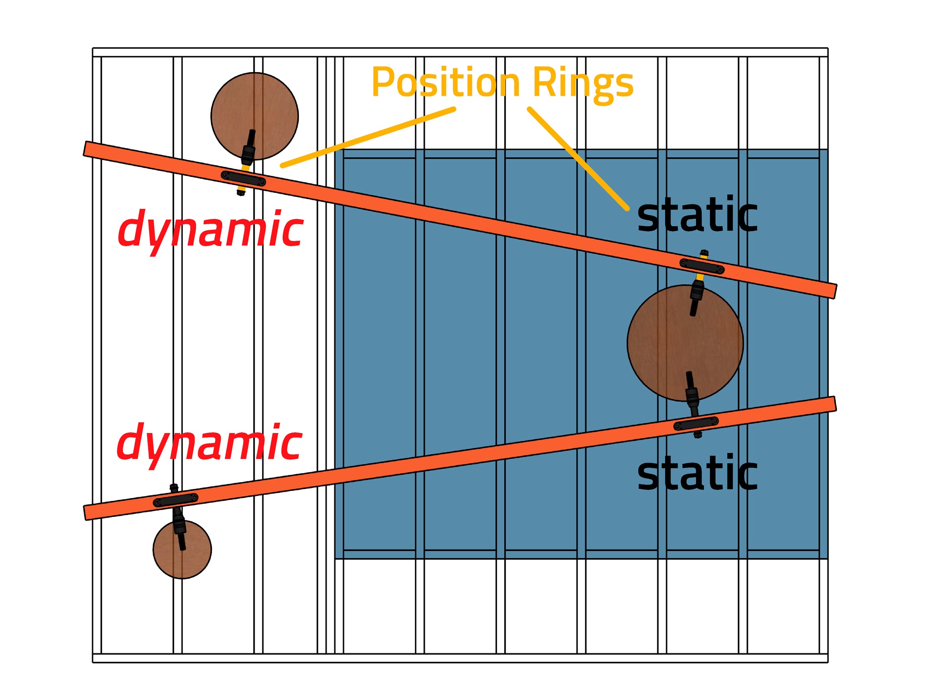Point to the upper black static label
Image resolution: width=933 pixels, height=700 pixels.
coord(697,214)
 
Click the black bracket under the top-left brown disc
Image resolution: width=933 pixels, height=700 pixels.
coord(243,179)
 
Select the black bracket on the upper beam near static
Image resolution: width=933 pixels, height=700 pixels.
coord(702,266)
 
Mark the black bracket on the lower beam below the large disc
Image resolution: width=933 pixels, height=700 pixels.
coord(696,423)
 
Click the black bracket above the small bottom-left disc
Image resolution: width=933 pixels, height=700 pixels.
coord(175,499)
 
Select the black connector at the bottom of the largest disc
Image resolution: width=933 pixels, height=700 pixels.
coord(692,394)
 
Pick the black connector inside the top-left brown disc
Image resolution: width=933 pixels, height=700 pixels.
coord(248,148)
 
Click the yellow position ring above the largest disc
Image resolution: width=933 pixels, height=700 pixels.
coord(700,276)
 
